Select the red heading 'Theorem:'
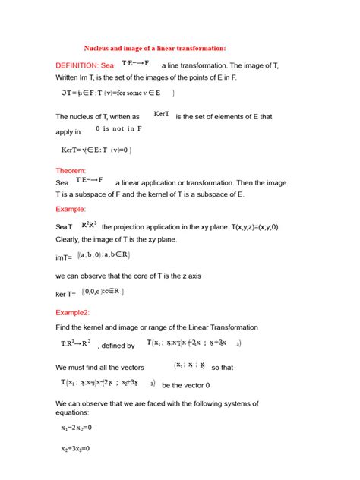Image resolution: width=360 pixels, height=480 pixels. [x=71, y=171]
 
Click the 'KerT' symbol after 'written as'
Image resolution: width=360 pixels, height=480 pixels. [x=161, y=114]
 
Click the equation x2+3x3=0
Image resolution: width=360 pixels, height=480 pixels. [x=76, y=449]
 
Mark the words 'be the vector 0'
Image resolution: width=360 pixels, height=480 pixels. [x=186, y=385]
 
